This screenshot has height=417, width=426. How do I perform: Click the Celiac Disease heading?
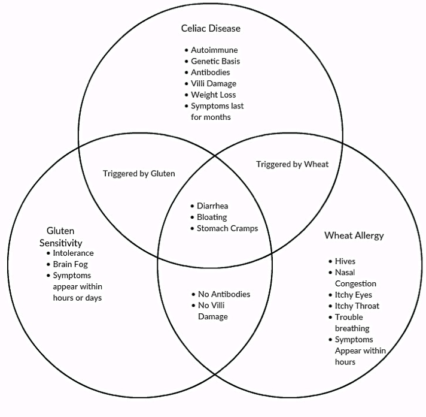point(211,28)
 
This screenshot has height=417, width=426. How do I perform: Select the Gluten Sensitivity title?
point(64,237)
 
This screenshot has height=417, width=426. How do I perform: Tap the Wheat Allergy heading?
point(354,235)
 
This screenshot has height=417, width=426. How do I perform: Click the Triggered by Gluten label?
point(139,174)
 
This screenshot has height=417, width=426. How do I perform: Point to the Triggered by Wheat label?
point(292,164)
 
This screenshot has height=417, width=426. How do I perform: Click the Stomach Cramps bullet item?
point(227,228)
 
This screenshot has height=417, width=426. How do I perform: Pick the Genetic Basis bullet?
point(215,61)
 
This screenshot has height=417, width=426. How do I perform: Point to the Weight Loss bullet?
point(213,95)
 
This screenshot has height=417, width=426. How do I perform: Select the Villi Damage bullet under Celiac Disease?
point(214,84)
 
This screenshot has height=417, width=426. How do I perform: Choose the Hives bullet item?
point(345,261)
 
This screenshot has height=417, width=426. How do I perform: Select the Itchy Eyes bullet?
point(353,295)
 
